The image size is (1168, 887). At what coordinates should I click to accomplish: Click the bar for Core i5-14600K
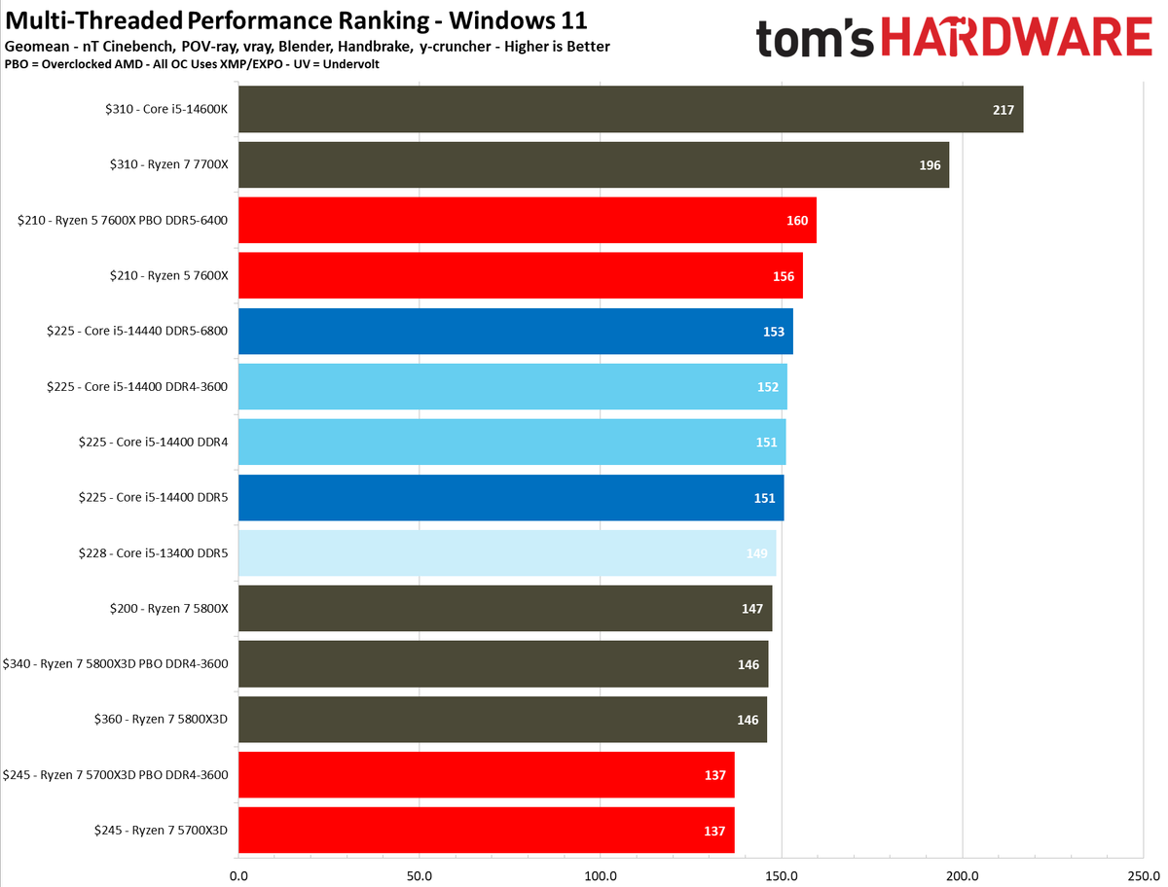click(x=630, y=110)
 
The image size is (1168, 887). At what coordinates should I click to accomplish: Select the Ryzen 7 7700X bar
click(x=593, y=165)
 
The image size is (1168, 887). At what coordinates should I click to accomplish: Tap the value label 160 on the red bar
click(x=797, y=221)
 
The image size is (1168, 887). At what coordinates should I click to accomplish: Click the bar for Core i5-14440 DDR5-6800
click(x=515, y=332)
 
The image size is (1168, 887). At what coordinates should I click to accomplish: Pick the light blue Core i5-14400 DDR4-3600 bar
click(x=512, y=387)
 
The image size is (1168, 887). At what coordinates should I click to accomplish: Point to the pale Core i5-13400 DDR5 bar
click(x=506, y=553)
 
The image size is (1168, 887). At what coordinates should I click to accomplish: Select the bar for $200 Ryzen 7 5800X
click(x=504, y=609)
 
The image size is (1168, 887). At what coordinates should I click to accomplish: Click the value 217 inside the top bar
click(x=1004, y=110)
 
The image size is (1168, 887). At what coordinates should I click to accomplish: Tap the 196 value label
click(x=930, y=165)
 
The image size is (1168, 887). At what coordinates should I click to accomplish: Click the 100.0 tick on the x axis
click(x=601, y=873)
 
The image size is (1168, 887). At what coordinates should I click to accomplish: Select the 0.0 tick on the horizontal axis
click(x=238, y=873)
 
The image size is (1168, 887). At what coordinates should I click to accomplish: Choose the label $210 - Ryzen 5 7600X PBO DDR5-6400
click(x=123, y=221)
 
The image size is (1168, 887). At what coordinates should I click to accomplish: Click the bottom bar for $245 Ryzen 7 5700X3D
click(x=486, y=831)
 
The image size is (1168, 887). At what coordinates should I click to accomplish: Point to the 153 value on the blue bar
click(x=774, y=332)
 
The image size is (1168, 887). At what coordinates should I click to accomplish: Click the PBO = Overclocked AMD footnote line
click(x=191, y=63)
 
